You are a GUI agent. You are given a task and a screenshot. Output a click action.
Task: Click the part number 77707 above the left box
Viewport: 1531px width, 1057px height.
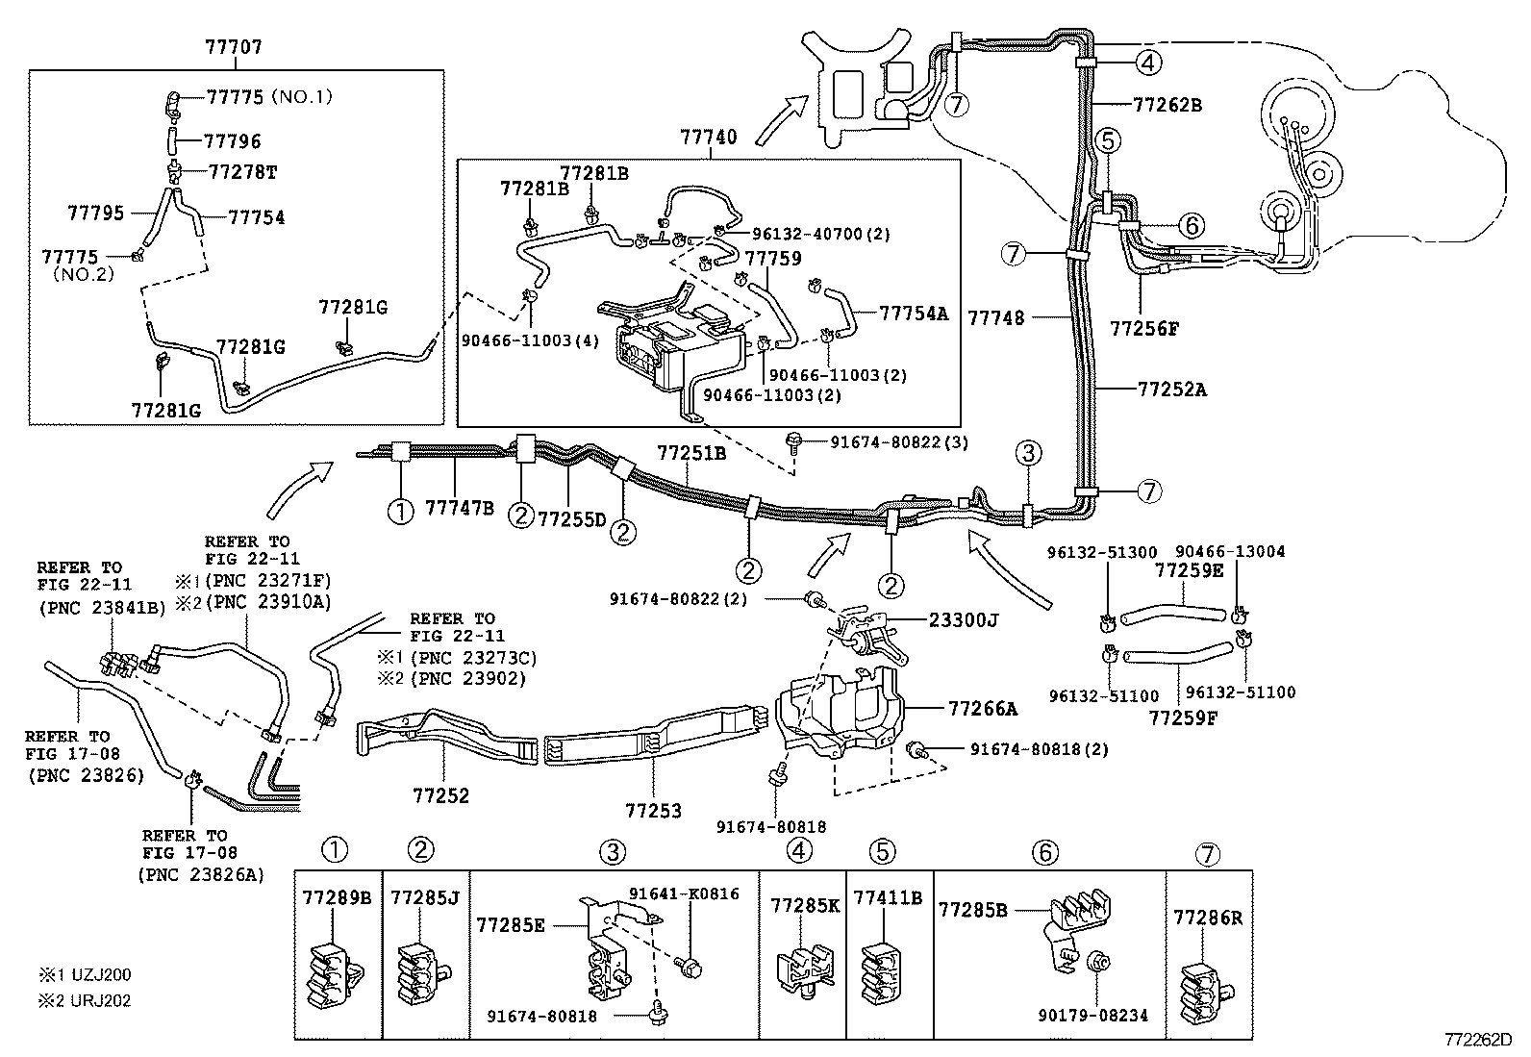tap(234, 46)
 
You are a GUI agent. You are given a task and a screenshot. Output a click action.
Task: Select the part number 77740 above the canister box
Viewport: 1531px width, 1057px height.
tap(709, 138)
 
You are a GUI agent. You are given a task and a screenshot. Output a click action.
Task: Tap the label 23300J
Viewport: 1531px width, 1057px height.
tap(964, 620)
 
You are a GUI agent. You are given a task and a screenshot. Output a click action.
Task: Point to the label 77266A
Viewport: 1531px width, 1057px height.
tap(983, 709)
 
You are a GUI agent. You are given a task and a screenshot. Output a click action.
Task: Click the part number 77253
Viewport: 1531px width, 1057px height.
tap(653, 811)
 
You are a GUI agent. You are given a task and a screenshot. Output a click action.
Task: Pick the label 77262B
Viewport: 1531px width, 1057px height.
tap(1167, 105)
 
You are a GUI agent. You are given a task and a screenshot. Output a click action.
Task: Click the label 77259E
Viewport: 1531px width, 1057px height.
tap(1189, 572)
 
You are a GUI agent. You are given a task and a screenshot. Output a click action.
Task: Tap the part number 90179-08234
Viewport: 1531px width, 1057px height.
tap(1092, 1015)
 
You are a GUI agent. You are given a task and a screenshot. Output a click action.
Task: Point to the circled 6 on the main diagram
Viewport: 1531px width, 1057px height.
tap(1191, 226)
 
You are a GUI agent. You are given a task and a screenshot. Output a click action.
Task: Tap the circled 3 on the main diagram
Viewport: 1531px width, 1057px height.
tap(1028, 452)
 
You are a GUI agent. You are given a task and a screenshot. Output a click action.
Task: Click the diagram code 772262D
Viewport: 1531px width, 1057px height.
tap(1476, 1040)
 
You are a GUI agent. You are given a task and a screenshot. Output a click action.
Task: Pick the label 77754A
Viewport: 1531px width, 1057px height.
tap(914, 314)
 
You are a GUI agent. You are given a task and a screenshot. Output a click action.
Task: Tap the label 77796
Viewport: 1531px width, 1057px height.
tap(232, 141)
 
